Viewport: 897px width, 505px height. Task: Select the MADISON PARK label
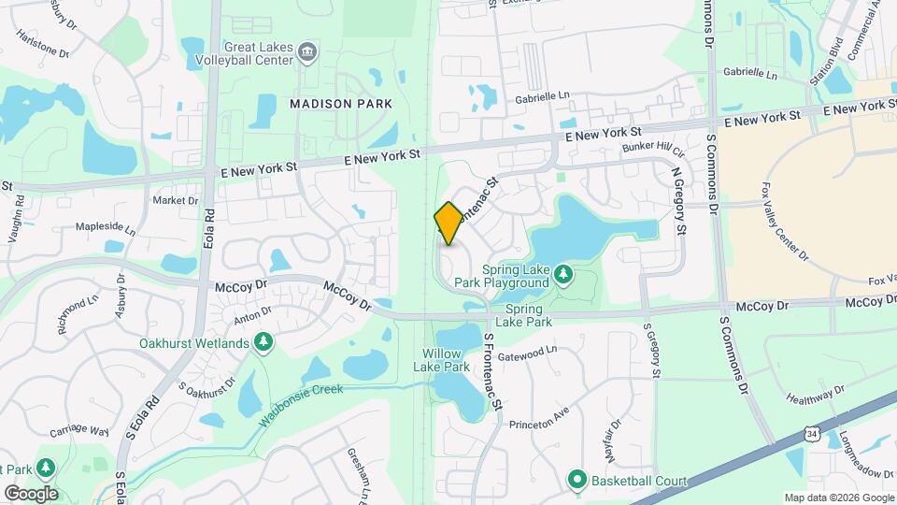pyautogui.click(x=340, y=103)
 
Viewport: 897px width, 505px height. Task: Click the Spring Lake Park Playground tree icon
pyautogui.click(x=562, y=274)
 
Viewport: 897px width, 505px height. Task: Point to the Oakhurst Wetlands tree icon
pyautogui.click(x=264, y=342)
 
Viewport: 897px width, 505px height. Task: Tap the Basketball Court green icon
pyautogui.click(x=577, y=481)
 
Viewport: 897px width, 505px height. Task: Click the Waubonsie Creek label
pyautogui.click(x=301, y=400)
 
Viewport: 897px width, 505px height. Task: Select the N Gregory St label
pyautogui.click(x=679, y=201)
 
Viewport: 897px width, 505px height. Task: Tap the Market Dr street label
pyautogui.click(x=176, y=200)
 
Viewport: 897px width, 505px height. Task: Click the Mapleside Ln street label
pyautogui.click(x=105, y=228)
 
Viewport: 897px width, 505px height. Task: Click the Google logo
pyautogui.click(x=31, y=493)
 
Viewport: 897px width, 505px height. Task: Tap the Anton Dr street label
pyautogui.click(x=252, y=315)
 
